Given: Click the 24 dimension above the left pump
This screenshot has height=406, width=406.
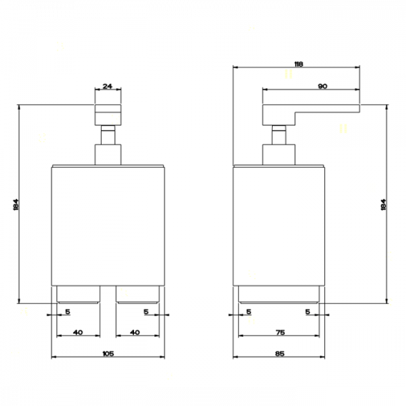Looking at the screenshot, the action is (108, 86).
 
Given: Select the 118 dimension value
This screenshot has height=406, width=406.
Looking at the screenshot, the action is (298, 64).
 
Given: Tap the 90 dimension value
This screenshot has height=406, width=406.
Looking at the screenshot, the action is (322, 86).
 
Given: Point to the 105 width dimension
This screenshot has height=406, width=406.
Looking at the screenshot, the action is (108, 353).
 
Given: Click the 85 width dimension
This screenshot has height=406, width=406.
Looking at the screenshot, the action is (280, 353).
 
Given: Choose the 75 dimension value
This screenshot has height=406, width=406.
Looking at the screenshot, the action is (280, 332).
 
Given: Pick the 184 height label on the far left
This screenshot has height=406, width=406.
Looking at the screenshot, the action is (16, 204).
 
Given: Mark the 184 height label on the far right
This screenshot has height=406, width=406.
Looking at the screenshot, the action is (384, 204).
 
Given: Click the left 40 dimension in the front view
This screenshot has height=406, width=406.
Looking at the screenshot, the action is (78, 332).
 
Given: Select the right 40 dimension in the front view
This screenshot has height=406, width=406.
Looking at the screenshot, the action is (135, 332).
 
